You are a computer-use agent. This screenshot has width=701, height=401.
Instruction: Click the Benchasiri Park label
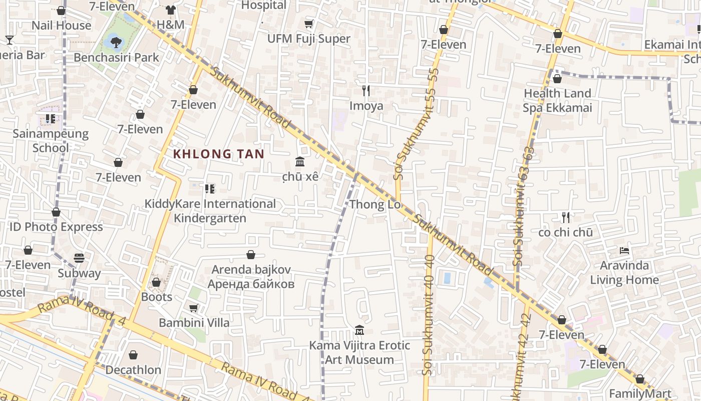point(116,58)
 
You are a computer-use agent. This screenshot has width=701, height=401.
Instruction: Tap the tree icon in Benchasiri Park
point(116,42)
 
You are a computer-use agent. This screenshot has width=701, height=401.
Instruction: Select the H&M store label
point(170,25)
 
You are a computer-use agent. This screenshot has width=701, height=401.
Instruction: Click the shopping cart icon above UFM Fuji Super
point(309,24)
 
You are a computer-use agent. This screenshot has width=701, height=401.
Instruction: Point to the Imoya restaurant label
point(366,106)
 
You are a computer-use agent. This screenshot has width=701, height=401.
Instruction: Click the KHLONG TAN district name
point(218,154)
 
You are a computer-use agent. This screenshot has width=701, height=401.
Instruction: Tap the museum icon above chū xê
point(300,162)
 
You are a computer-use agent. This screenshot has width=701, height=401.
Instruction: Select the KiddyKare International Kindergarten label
point(210,211)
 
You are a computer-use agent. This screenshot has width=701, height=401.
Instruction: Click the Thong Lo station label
point(375,205)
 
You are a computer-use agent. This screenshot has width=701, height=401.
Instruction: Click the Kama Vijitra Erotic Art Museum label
point(360,352)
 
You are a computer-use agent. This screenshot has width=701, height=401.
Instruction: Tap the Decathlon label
point(133,370)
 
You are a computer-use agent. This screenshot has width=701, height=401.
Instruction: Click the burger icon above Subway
point(79,258)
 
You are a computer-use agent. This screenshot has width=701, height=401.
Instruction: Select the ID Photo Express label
point(56,227)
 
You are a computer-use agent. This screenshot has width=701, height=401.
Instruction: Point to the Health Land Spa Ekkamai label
point(557,100)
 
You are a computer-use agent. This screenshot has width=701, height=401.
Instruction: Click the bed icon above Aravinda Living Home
point(624,251)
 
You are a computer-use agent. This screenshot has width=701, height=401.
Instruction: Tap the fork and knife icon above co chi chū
point(565,218)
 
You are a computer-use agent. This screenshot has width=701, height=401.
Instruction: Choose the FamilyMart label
point(639,393)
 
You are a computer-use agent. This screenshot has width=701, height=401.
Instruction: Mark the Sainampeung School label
point(51,141)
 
